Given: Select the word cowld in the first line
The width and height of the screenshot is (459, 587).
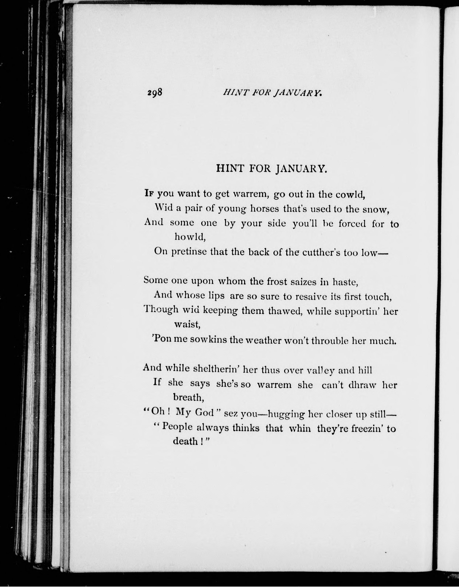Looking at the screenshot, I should pos(350,195).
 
